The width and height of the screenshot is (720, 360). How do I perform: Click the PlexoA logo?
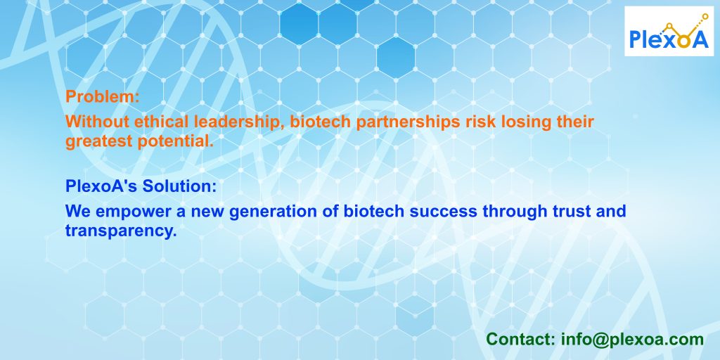pos(669,31)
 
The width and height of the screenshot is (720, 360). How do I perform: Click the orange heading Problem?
pos(103,97)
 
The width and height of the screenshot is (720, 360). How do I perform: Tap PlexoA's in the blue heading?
pos(102,186)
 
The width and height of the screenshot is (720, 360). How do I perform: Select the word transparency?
pos(121,231)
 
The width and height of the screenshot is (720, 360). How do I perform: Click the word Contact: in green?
pos(521,340)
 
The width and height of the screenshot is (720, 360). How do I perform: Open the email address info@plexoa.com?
pos(632,340)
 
